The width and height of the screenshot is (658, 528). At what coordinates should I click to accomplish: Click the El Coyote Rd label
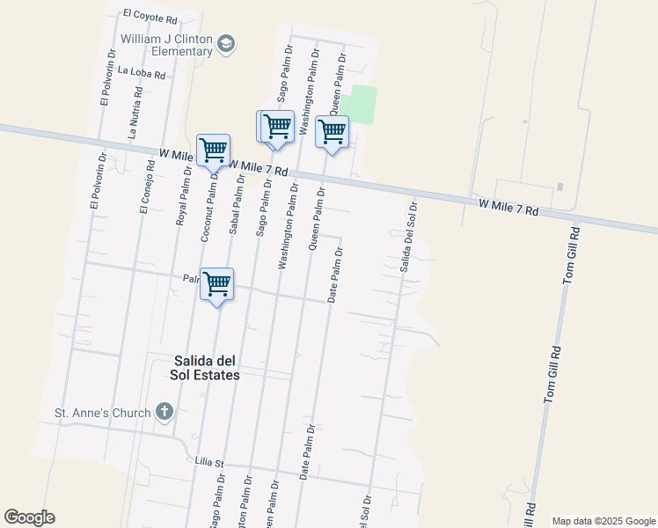pos(150,15)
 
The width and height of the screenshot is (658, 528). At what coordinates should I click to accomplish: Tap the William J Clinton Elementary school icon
pos(227,44)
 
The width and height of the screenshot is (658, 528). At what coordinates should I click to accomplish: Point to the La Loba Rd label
pos(141,74)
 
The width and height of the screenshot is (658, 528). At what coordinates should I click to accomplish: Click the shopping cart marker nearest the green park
pos(332,132)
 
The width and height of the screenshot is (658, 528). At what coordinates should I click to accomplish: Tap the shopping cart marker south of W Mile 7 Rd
pos(216,284)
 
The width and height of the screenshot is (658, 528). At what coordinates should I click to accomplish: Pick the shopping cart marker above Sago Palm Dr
pos(276,126)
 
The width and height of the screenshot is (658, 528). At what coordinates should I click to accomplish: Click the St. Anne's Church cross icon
pos(164,411)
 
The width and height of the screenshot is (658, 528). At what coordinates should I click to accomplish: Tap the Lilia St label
pos(211,462)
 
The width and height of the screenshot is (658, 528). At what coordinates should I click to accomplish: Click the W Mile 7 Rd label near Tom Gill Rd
pos(508,208)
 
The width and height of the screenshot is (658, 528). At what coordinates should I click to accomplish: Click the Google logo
pos(29,517)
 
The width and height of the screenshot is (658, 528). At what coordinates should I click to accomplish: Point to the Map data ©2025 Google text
pos(603,520)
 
